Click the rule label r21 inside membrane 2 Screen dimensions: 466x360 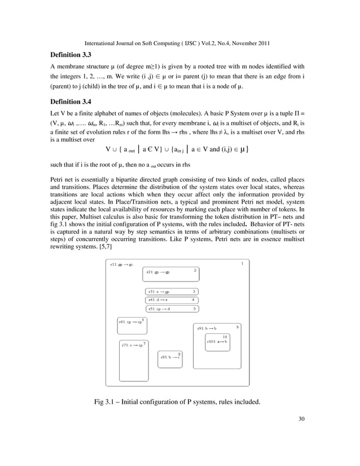coord(158,272)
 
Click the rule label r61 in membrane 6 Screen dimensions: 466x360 coord(130,322)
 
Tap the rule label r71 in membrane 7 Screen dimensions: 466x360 coord(133,345)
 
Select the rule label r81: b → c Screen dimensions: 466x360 coord(169,357)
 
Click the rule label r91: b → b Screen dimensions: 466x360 coord(207,328)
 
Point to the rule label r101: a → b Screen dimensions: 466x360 coord(217,341)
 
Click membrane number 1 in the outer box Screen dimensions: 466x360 coord(242,263)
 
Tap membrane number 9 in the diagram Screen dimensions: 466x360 coord(237,327)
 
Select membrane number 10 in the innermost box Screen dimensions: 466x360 coord(225,336)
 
